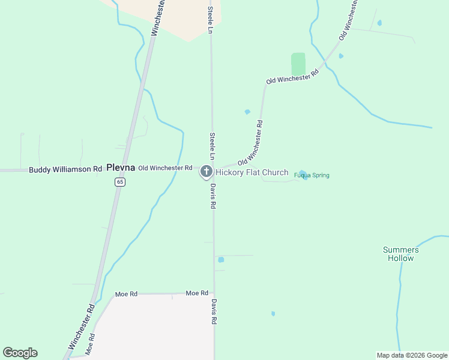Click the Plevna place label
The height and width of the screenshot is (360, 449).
tap(121, 168)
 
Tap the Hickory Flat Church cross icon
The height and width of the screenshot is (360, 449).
tap(206, 172)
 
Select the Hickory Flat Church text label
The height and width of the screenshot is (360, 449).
tap(252, 173)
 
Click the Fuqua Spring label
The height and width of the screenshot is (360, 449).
tap(312, 175)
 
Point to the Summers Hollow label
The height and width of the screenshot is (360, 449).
tap(400, 254)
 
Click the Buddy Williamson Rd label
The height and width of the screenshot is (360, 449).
tap(65, 170)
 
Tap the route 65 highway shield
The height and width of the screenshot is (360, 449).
tap(121, 182)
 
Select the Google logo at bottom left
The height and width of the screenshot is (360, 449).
tap(20, 353)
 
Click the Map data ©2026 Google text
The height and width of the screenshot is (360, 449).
tap(412, 355)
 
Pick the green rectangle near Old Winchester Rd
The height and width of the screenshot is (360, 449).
tap(298, 64)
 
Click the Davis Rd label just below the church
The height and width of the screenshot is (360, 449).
tap(213, 196)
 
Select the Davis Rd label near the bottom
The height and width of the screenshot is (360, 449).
tap(214, 312)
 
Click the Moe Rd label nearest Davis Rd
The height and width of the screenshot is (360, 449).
tap(197, 293)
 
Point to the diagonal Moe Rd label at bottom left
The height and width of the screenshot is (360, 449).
tap(90, 343)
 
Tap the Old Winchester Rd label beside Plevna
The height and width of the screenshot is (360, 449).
tap(165, 168)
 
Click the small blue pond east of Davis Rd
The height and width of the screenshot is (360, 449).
tap(221, 260)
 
